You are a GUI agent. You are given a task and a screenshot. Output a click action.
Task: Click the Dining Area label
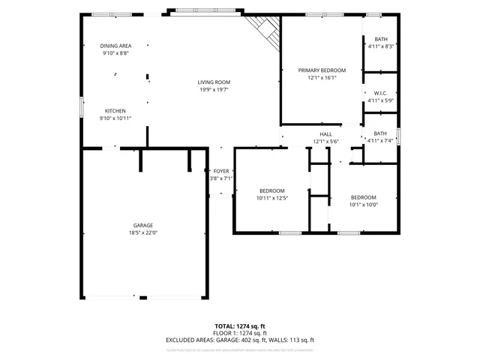point(115,46)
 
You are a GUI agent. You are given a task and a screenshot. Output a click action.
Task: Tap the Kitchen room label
point(115,110)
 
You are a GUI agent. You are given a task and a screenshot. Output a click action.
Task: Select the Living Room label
point(214,82)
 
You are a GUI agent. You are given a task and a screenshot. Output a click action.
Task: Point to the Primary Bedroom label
point(321,70)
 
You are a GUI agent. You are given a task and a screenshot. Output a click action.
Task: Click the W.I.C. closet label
point(380,93)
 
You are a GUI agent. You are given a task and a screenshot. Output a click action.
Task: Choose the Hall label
point(326,133)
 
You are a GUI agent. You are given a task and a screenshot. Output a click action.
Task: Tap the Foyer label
point(220,171)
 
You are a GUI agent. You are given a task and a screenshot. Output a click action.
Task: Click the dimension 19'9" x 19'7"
point(214,89)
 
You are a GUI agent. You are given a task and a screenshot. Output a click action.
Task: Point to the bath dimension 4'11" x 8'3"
point(380,46)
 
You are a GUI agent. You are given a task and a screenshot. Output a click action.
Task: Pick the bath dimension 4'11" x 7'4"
point(380,140)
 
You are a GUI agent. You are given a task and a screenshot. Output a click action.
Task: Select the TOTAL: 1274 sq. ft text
point(239,325)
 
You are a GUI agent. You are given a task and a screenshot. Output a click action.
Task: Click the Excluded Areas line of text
point(239,340)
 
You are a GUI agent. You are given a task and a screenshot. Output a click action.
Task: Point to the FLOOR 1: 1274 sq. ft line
point(239,333)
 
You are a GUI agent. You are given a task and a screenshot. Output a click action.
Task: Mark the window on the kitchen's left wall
point(82,106)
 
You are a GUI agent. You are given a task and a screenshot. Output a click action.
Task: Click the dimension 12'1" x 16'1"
point(321,77)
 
